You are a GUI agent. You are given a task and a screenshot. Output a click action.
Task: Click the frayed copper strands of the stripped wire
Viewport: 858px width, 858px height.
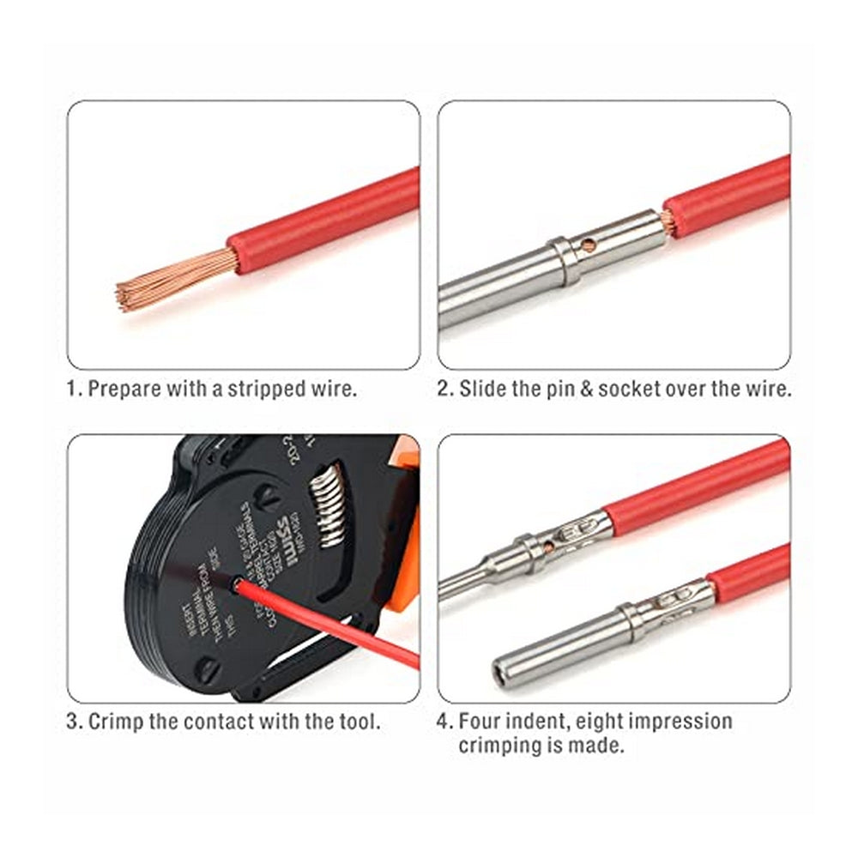pyautogui.click(x=172, y=279)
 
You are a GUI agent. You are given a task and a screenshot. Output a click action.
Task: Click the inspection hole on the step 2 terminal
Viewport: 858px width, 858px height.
pyautogui.click(x=589, y=245)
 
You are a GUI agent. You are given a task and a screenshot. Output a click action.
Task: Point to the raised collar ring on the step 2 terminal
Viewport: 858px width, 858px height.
pyautogui.click(x=564, y=261)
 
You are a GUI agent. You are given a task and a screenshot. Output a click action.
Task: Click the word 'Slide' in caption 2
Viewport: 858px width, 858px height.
pyautogui.click(x=483, y=388)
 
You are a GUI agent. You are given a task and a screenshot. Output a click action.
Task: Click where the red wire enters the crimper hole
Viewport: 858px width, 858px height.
pyautogui.click(x=236, y=585)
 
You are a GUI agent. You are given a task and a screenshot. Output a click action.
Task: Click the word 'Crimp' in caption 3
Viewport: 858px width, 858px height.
pyautogui.click(x=118, y=721)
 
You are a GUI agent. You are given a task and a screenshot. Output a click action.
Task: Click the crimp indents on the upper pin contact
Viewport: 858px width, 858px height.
pyautogui.click(x=573, y=534)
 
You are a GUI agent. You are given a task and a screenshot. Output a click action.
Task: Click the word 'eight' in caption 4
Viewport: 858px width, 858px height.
pyautogui.click(x=605, y=721)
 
